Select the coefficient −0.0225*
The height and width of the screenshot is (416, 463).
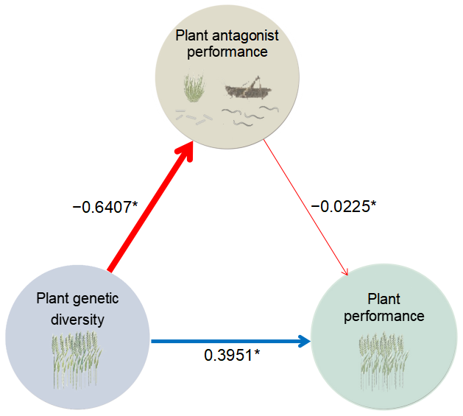343,207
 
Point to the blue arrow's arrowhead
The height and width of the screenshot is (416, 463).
303,341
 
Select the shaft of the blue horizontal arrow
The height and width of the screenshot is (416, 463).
221,341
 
